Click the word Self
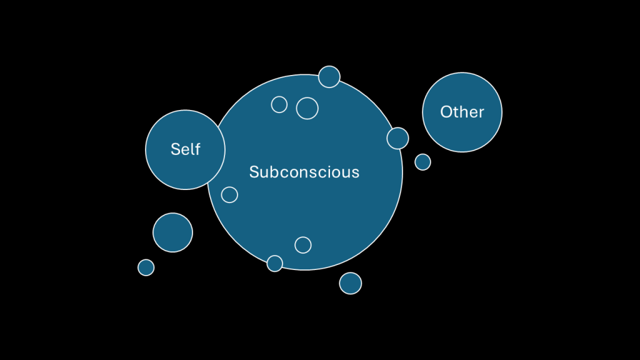185,149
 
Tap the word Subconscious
304,172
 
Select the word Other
462,112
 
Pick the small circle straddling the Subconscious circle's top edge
329,77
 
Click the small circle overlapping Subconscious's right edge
397,138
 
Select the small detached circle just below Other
422,162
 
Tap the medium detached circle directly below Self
172,232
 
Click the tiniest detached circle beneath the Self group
146,267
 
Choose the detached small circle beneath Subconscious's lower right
351,283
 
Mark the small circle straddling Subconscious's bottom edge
275,264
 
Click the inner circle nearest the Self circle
229,195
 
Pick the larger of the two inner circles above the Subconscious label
307,108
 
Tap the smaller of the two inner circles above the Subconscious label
279,104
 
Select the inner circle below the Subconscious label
303,245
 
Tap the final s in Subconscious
356,172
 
